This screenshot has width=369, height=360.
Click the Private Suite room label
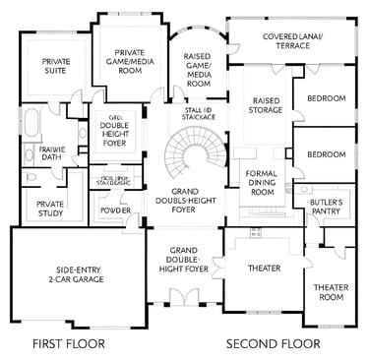(55, 67)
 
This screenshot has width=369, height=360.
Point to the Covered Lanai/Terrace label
(287, 41)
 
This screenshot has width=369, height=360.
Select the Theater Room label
(331, 291)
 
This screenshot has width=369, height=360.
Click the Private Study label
(50, 209)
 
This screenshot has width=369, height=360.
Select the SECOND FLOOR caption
(273, 343)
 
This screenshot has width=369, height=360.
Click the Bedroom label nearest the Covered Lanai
(326, 98)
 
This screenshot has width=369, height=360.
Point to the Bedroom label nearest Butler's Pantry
(326, 155)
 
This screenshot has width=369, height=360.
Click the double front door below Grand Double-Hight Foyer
(184, 297)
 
